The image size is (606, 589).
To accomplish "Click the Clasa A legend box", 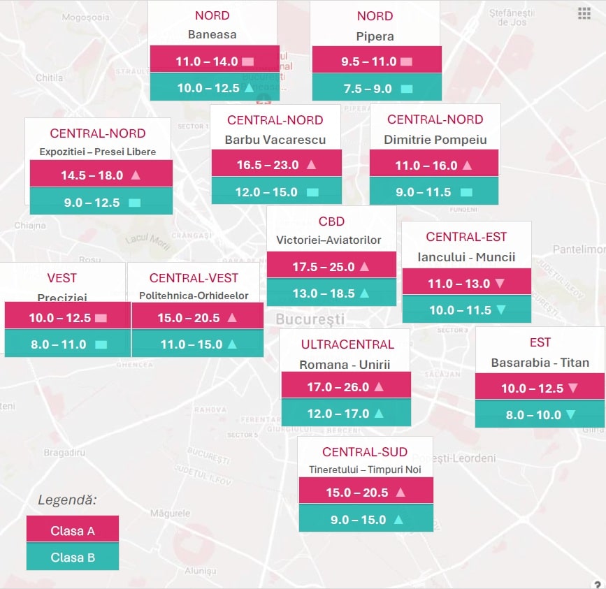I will point(72,530).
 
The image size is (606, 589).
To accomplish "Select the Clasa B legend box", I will point(72,558).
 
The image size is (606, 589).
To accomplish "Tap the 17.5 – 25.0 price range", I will point(324,266).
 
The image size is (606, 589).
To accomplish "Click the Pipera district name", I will point(375,36).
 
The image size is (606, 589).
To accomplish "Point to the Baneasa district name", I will point(212,34).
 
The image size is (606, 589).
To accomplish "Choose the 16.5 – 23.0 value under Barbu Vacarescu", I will point(268,165).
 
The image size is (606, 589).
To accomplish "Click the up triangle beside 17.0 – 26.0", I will point(379,386).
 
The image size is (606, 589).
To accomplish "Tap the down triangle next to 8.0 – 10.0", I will point(570,415).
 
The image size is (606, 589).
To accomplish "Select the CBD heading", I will point(331,221).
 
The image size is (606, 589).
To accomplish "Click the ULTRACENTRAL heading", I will point(347,344).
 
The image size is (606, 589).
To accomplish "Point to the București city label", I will point(310,319).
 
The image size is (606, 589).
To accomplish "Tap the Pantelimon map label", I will point(578,249).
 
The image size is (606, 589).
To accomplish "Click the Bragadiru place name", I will point(64,453).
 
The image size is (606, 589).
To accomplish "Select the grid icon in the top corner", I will point(584,13).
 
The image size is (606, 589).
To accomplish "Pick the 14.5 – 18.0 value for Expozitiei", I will point(92,175).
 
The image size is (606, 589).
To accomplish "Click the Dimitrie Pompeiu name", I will point(435,140).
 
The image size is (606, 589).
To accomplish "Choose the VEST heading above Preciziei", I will point(62,278).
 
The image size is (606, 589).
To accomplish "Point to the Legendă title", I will point(67,500).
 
